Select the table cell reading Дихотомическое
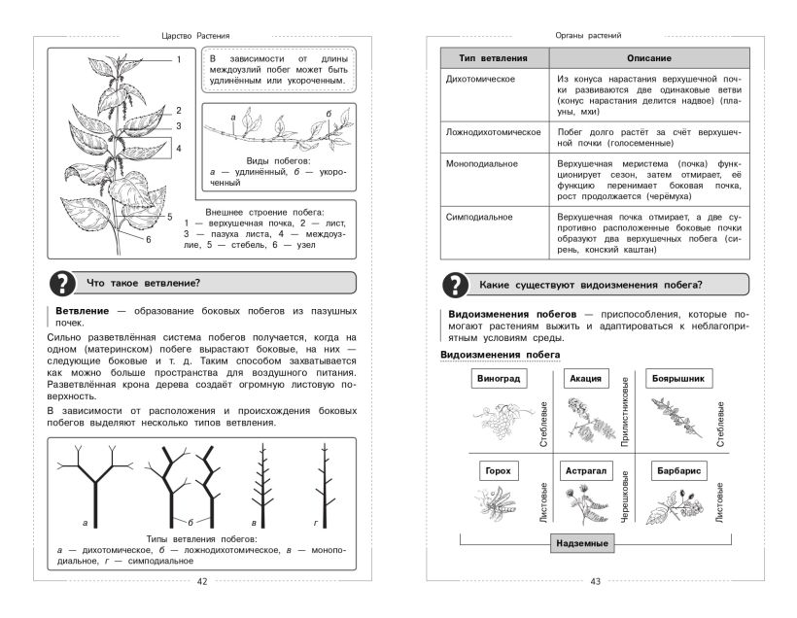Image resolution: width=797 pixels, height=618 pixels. [480, 79]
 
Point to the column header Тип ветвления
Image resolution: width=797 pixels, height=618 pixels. [493, 58]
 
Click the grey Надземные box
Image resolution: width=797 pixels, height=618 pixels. [582, 543]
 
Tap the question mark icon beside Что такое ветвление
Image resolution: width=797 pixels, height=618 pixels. [63, 284]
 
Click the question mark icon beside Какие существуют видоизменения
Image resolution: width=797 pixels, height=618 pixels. [454, 285]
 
